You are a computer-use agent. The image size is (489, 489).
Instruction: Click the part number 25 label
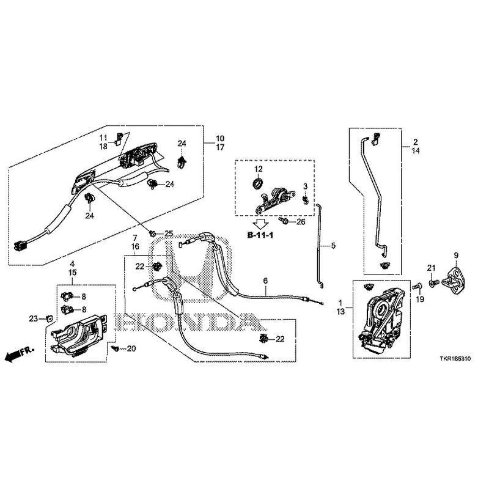pyautogui.click(x=168, y=233)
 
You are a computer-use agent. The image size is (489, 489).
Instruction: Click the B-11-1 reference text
pyautogui.click(x=260, y=234)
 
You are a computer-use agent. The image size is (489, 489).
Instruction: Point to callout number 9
pyautogui.click(x=455, y=254)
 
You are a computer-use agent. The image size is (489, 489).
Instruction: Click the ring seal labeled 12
pyautogui.click(x=258, y=183)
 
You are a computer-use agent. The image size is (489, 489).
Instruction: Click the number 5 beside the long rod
pyautogui.click(x=333, y=246)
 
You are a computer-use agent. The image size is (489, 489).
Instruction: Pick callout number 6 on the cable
pyautogui.click(x=265, y=281)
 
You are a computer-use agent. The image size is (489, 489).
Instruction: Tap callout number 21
pyautogui.click(x=430, y=268)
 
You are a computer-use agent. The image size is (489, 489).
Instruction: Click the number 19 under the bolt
pyautogui.click(x=420, y=299)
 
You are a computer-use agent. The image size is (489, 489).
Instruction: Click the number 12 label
pyautogui.click(x=258, y=169)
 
